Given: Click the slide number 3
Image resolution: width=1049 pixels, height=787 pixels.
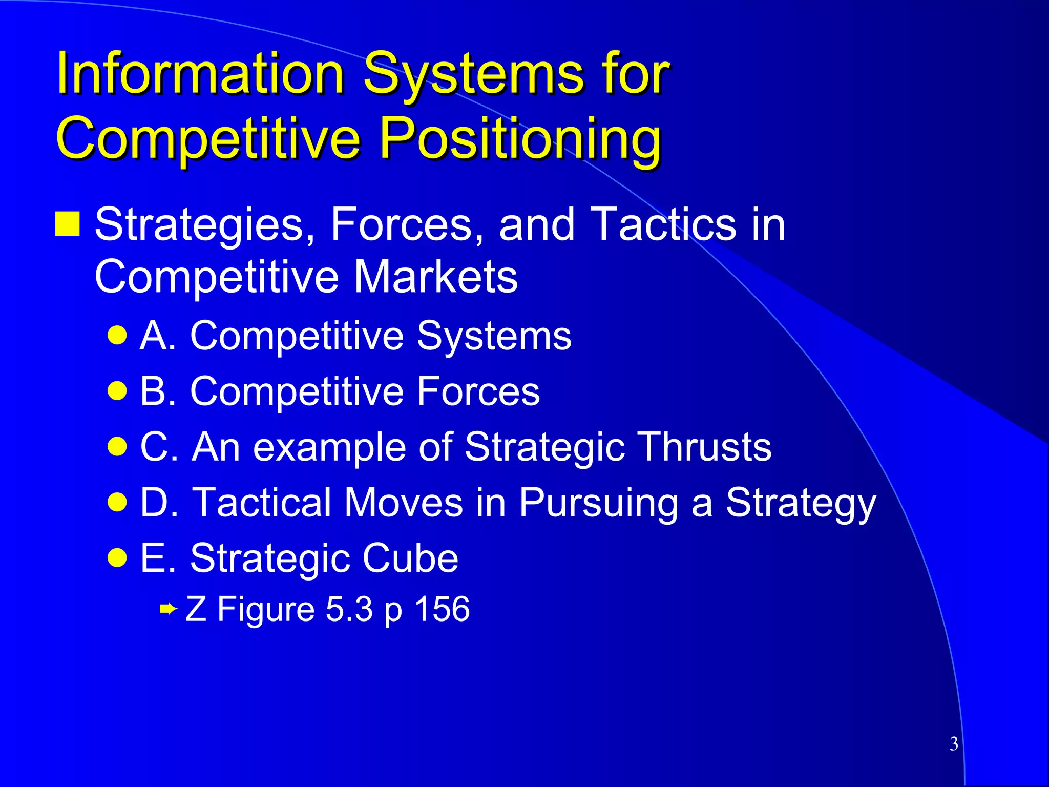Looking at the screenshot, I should [954, 743].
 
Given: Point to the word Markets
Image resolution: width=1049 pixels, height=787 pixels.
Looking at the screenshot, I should [436, 277].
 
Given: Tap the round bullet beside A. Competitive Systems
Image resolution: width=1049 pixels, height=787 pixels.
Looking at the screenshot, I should [117, 336].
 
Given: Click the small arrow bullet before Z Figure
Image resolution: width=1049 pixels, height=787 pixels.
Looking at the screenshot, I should [168, 609].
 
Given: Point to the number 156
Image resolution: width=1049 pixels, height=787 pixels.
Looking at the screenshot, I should [442, 609].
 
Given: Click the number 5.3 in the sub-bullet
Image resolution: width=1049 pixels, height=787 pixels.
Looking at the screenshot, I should [349, 609].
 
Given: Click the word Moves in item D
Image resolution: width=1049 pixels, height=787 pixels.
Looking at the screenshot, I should [404, 502].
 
